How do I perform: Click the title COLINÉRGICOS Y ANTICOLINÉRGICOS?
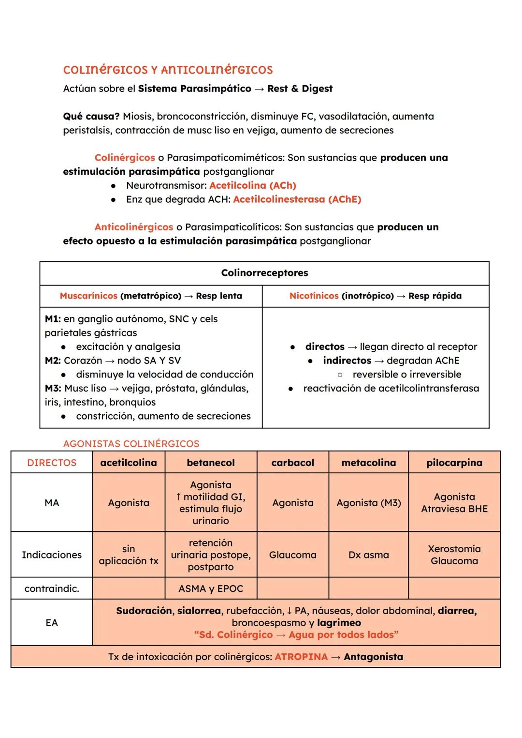pos(168,70)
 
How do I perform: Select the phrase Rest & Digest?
pos(300,89)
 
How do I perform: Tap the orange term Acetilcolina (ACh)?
pos(252,185)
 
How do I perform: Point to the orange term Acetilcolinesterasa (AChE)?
pos(297,199)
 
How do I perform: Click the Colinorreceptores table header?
pos(264,273)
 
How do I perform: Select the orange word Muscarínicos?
pos(88,296)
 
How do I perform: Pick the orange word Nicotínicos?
pos(314,296)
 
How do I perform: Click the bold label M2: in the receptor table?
pos(53,361)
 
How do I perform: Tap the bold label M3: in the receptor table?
pos(53,388)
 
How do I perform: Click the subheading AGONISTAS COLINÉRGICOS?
pos(131,444)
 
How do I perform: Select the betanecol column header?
pos(211,463)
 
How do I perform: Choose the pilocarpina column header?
pos(454,463)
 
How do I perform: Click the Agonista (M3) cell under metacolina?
pos(368,503)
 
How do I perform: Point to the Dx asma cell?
pos(368,555)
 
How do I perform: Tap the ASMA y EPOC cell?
pos(211,588)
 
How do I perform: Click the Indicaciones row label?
pos(52,555)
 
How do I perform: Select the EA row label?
pos(52,623)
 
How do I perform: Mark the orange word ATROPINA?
pos(301,657)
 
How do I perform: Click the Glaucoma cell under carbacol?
pos(292,555)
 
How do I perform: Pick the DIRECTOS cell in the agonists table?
pos(52,463)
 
